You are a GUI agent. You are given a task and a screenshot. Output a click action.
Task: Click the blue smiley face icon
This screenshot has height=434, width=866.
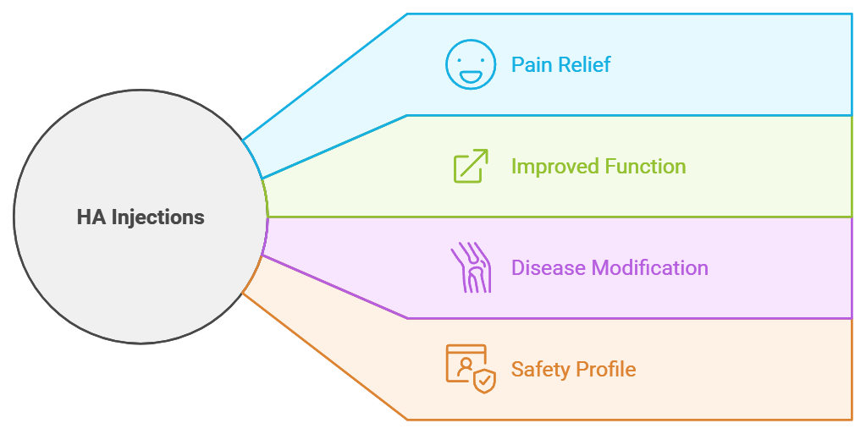point(470,64)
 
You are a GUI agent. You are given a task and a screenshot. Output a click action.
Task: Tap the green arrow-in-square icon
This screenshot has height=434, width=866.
point(470,166)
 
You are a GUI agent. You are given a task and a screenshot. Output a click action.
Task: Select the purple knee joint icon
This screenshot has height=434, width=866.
point(470,267)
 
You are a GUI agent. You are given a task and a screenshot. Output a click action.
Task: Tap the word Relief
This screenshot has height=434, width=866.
point(584,65)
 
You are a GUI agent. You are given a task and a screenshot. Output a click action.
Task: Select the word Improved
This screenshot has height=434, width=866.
point(553,167)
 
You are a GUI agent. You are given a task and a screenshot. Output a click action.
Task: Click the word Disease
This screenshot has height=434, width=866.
point(549,268)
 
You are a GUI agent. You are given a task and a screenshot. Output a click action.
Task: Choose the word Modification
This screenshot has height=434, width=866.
point(650,268)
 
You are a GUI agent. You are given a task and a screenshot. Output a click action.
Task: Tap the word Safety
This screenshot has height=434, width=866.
point(540,370)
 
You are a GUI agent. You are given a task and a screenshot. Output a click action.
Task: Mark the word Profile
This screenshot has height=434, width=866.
point(605,370)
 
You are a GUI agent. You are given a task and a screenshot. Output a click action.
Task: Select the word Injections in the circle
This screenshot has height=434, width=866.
point(157,217)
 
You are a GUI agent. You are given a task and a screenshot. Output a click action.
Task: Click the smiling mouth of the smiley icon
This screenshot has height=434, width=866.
point(470,75)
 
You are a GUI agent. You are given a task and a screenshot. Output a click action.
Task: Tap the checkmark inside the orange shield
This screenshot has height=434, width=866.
point(484,382)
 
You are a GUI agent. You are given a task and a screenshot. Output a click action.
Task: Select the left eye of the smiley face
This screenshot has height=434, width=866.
point(462,57)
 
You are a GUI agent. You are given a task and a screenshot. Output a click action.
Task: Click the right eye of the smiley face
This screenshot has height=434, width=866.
point(478,57)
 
